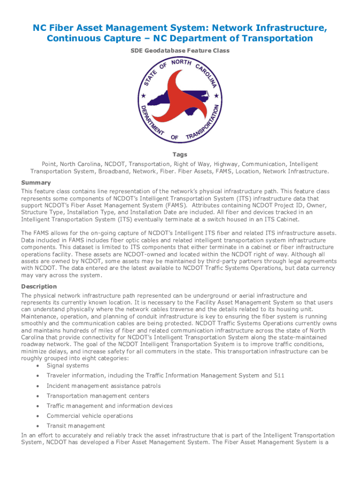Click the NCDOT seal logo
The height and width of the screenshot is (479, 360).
point(180,100)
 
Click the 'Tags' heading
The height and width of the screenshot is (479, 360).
point(180,154)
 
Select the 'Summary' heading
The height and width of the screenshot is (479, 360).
point(36,182)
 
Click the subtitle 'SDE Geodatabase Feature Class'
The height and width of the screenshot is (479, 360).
point(180,51)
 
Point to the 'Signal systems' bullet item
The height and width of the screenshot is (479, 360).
point(67,365)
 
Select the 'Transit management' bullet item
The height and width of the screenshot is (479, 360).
point(76,426)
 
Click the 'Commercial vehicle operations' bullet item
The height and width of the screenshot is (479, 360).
point(90,415)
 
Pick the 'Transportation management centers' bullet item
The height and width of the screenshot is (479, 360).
point(98,396)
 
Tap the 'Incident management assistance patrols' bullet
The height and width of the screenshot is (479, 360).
point(103,386)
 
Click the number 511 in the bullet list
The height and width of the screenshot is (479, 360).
point(279,375)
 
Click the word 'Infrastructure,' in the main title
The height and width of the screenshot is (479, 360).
point(285,28)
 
